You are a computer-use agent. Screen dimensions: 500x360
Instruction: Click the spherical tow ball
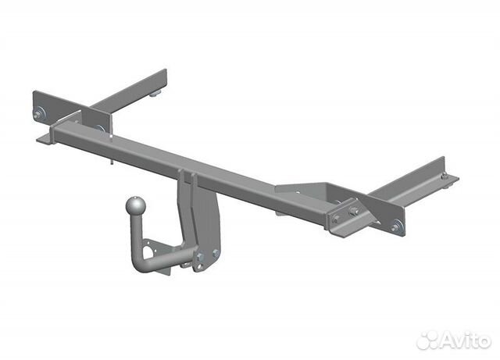point(136,206)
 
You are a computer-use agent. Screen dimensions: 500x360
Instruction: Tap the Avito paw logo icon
point(427,340)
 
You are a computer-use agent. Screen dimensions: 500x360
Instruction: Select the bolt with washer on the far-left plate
point(39,114)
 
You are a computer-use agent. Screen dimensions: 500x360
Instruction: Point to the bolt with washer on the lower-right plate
point(397,227)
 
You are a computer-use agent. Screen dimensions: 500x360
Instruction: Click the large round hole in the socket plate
point(148,255)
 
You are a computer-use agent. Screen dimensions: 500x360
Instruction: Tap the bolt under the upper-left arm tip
point(158,93)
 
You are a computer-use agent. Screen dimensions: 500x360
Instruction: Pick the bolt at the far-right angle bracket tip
point(445,176)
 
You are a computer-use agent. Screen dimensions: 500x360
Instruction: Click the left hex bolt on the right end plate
point(336,219)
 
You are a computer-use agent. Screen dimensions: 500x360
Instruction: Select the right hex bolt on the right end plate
point(353,212)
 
